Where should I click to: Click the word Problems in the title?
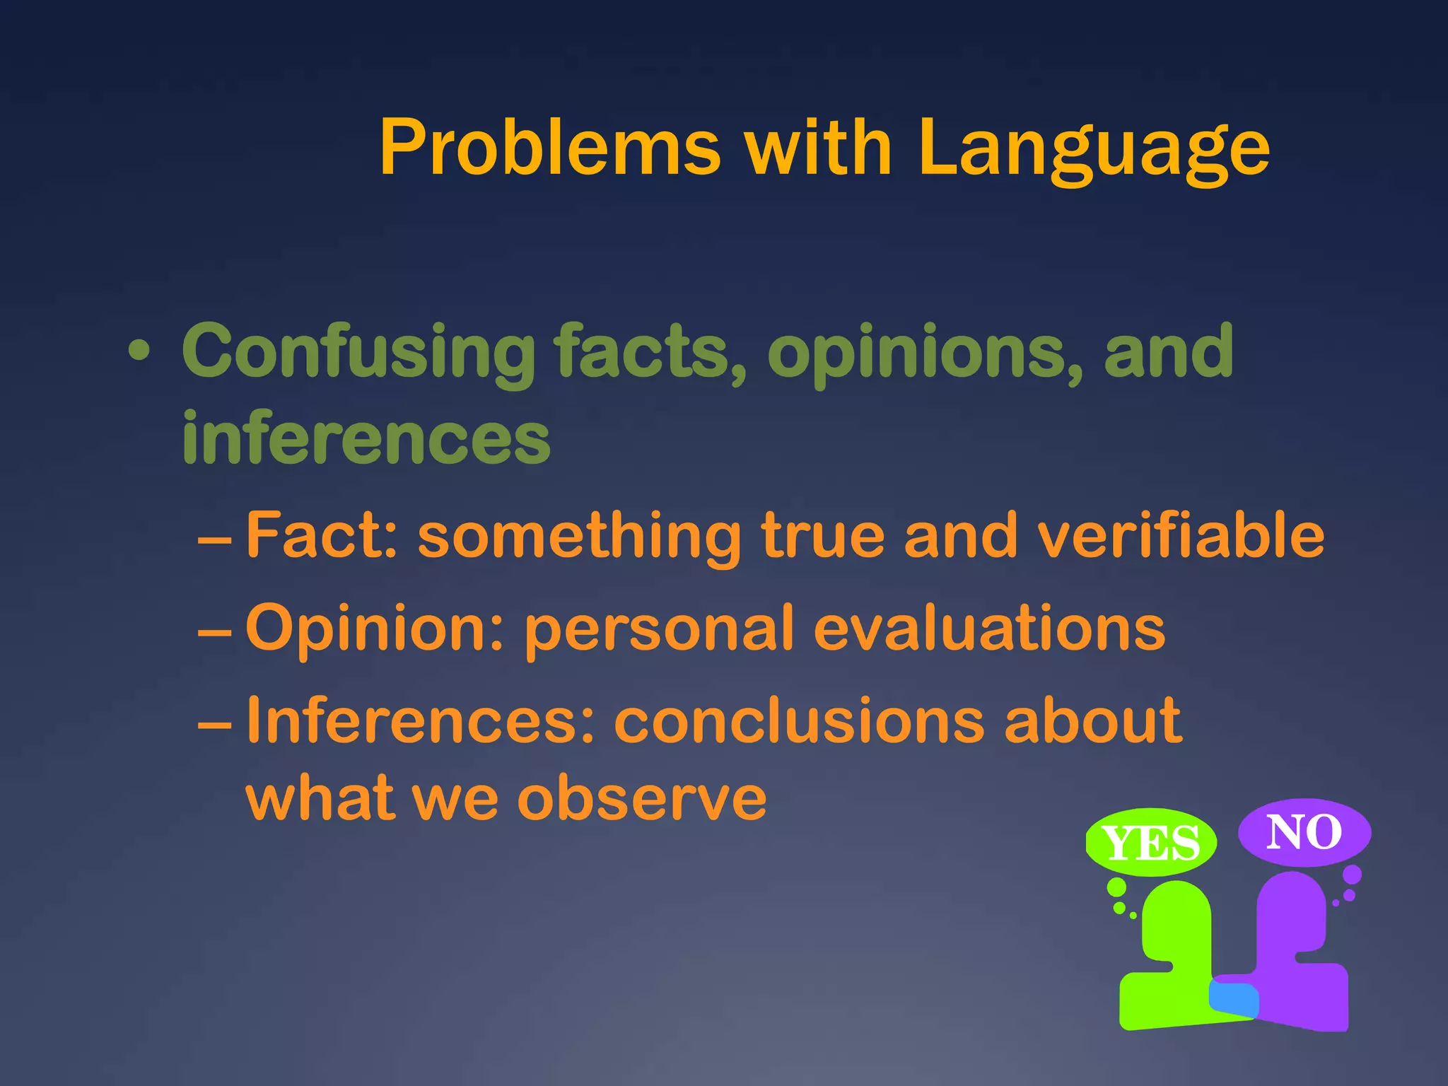pyautogui.click(x=549, y=148)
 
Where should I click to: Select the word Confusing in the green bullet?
pyautogui.click(x=358, y=351)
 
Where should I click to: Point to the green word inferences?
pyautogui.click(x=366, y=438)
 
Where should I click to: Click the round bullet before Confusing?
pyautogui.click(x=139, y=351)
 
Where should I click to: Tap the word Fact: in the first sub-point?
pyautogui.click(x=322, y=535)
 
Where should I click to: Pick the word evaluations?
pyautogui.click(x=989, y=628)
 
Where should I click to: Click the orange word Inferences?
pyautogui.click(x=421, y=720)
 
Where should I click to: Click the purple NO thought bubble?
pyautogui.click(x=1304, y=832)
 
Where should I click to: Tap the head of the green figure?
pyautogui.click(x=1176, y=919)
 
